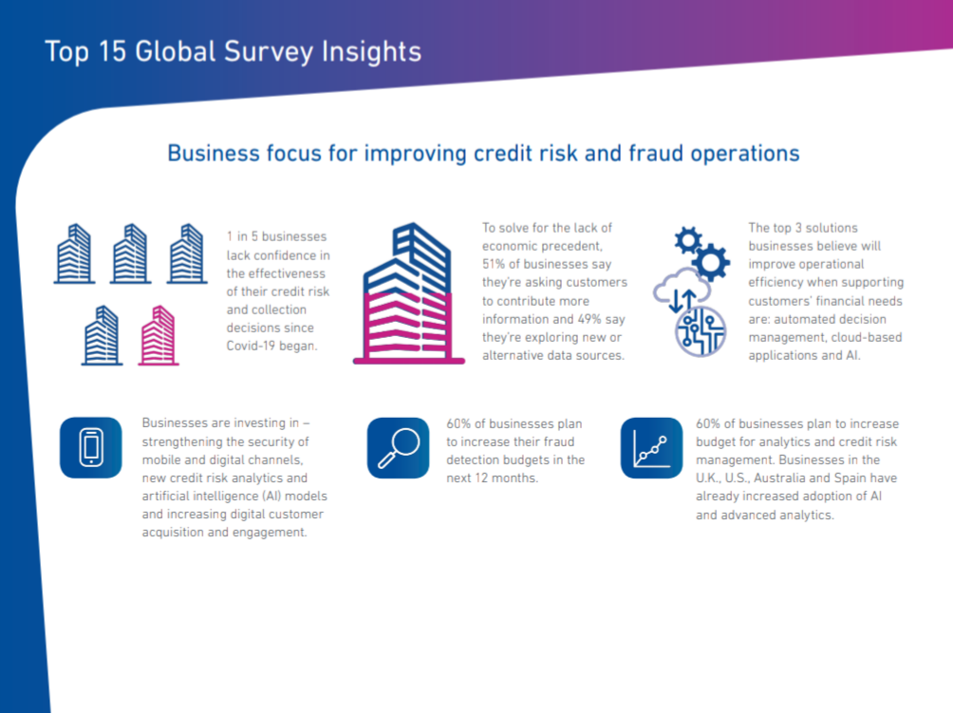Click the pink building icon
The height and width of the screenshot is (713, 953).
click(x=159, y=335)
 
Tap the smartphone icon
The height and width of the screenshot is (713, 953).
click(x=91, y=447)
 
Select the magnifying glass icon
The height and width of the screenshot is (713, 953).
click(x=398, y=448)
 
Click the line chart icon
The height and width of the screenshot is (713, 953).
click(x=651, y=448)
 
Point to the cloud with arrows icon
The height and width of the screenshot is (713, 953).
click(x=682, y=291)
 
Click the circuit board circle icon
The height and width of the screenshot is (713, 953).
click(x=701, y=332)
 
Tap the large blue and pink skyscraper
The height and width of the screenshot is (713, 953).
click(x=408, y=293)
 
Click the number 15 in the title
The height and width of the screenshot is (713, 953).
click(x=112, y=51)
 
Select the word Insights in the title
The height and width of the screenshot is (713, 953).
click(x=371, y=52)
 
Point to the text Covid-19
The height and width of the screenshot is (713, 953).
click(x=251, y=346)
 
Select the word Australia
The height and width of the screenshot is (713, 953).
click(x=779, y=478)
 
